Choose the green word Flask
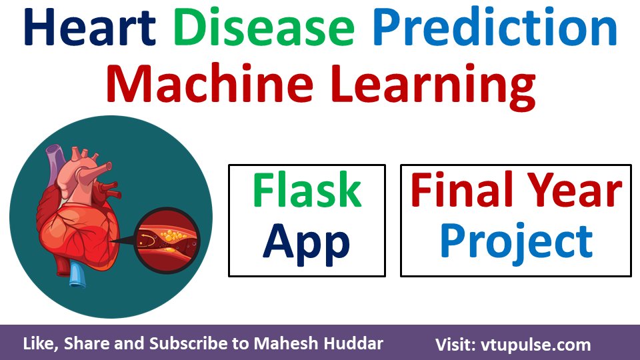[x=307, y=191]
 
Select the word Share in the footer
[x=84, y=345]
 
